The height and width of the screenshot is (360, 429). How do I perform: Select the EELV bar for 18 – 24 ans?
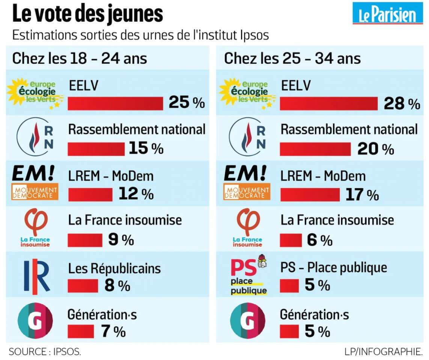[115, 103]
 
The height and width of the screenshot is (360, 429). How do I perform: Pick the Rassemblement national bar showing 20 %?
[316, 149]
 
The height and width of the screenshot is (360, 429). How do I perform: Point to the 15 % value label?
[146, 148]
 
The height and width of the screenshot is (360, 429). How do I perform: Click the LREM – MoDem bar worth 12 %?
[90, 194]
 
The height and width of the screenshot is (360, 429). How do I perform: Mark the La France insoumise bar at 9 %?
[85, 240]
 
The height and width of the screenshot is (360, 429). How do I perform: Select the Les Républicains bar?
[83, 286]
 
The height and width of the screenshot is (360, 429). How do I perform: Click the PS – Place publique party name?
[334, 268]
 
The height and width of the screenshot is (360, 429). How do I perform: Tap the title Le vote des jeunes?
[88, 14]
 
